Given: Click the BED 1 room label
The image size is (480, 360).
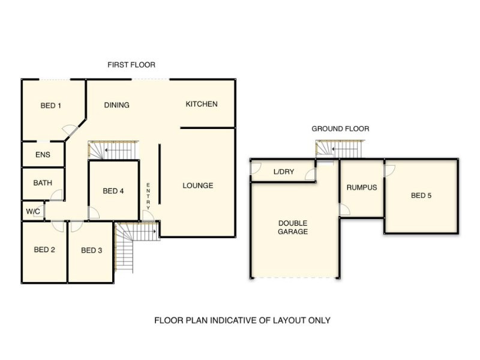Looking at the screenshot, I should point(51,106).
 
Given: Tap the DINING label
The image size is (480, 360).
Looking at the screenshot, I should point(116,105).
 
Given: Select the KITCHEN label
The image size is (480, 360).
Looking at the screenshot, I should point(201,104).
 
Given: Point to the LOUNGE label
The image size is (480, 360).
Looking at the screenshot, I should point(197,185).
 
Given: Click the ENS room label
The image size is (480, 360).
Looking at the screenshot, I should point(43,155).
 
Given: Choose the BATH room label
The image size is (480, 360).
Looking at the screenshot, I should point(43,183).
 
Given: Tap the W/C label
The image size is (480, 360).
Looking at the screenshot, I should point(32,211).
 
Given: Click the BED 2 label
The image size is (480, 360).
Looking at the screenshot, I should point(44,250).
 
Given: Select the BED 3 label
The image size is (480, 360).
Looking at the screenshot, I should point(92,250).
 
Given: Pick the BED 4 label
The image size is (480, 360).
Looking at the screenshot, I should point(113,191).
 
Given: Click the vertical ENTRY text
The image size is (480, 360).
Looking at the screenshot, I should point(148,196).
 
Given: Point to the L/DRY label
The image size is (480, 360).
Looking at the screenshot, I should point(283,172).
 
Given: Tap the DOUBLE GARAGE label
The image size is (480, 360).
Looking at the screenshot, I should point(293,227).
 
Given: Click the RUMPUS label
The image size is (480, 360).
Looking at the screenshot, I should point(362,187).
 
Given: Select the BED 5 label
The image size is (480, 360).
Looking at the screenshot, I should point(421,195).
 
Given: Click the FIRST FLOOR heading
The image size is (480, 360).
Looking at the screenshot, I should point(131,64).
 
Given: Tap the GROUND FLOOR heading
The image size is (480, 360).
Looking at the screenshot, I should point(340,128).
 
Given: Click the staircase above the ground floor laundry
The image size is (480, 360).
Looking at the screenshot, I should point(340,148).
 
